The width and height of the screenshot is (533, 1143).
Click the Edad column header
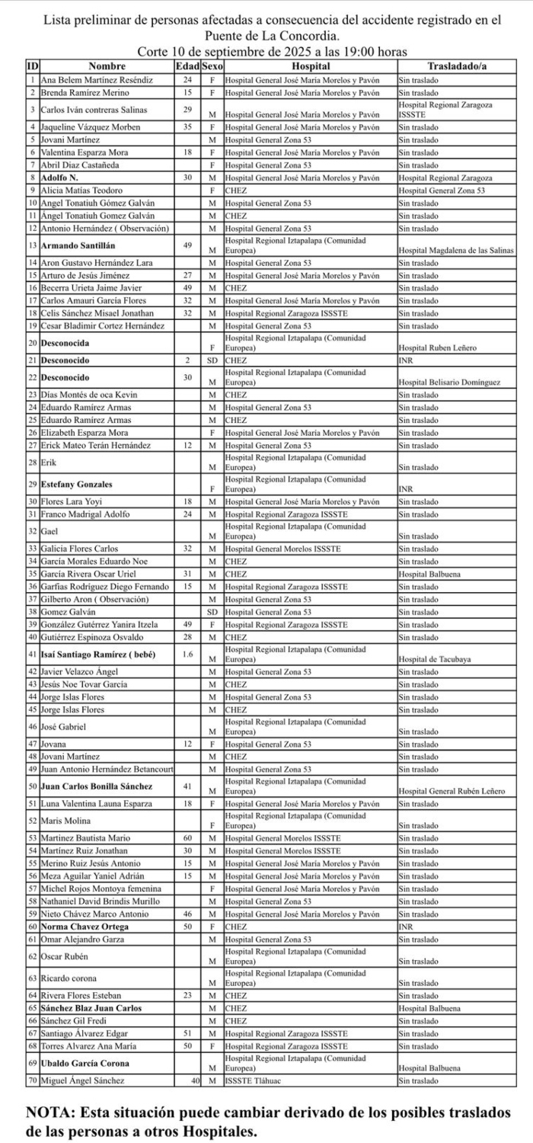click(187, 67)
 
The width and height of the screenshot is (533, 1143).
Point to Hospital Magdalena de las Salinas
click(455, 251)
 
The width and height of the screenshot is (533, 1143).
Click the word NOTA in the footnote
click(49, 1113)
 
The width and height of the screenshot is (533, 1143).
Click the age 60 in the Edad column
click(187, 837)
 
